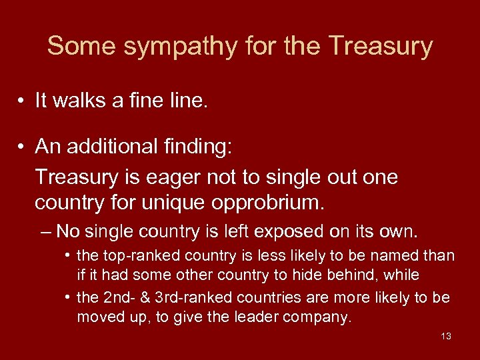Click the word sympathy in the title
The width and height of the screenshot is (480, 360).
click(x=168, y=47)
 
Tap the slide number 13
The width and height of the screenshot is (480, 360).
click(x=446, y=336)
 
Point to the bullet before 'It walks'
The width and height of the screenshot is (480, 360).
click(x=22, y=101)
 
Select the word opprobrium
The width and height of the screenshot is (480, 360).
click(x=264, y=201)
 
